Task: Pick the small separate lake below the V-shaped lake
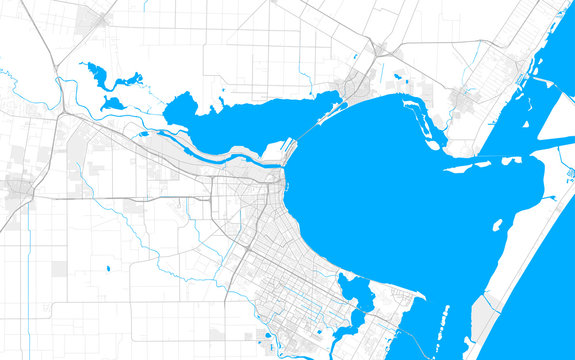coord(113,102)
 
